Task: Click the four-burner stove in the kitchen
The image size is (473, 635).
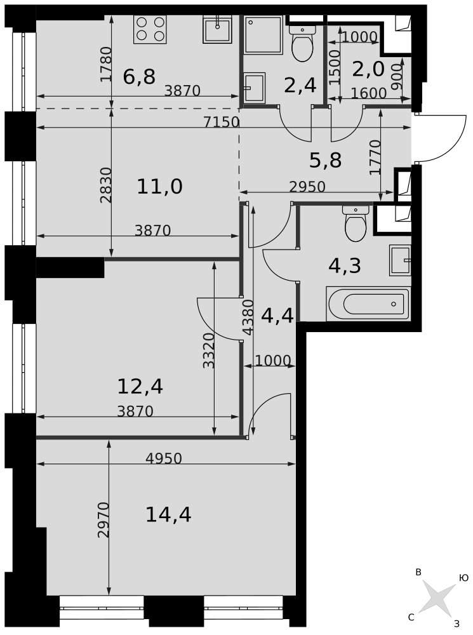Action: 150,29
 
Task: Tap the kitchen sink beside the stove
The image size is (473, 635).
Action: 217,29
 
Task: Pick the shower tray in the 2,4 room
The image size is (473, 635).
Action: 263,35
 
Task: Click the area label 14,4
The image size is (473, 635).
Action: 168,515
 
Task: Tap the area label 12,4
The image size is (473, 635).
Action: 140,386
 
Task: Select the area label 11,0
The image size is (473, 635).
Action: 159,187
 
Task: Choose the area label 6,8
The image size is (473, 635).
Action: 139,77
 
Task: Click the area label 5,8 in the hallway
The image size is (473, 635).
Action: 326,160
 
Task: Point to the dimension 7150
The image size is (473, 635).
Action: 221,121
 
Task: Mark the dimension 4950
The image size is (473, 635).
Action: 164,458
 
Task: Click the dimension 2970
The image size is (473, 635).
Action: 103,519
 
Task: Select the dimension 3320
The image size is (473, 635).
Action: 208,351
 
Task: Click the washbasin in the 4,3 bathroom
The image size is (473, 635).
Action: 400,260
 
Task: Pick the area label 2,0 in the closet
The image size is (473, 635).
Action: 368,69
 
